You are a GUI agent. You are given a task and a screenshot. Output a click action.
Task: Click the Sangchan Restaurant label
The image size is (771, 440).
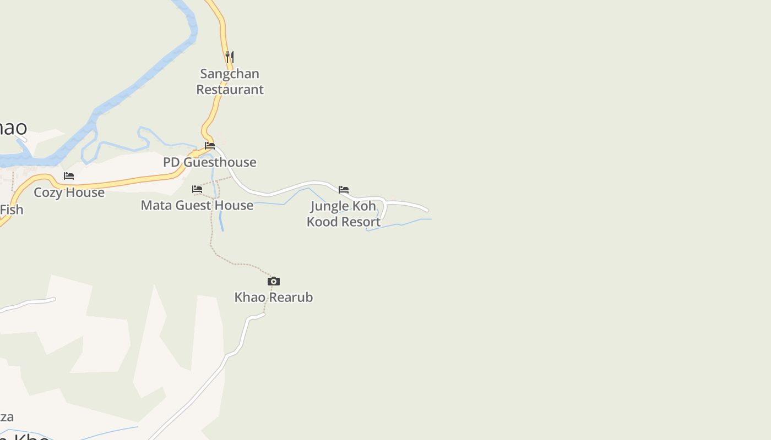point(230,81)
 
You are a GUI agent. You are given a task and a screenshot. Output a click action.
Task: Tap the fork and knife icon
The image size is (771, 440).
point(230,57)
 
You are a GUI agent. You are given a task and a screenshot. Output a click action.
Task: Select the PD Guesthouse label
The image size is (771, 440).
point(210,162)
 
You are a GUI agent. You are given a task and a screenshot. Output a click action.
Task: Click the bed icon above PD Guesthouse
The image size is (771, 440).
point(210,146)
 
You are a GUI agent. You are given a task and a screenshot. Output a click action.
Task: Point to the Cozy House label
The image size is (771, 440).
point(69,193)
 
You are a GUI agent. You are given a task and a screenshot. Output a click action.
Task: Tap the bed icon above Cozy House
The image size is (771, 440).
point(69,176)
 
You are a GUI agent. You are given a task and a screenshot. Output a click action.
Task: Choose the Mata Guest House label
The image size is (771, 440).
point(197,205)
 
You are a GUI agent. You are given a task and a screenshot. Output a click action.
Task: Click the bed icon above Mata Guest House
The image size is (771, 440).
point(197,189)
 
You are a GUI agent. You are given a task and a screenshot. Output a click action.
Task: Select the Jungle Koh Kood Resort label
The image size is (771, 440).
point(344,213)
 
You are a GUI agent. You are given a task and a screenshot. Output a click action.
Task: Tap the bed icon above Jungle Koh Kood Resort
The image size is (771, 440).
point(344,190)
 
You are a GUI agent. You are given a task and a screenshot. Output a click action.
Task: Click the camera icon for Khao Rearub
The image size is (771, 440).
point(274,282)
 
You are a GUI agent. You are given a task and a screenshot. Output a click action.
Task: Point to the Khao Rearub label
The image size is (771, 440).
point(274,297)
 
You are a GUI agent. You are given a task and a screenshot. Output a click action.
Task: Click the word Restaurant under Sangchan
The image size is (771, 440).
point(230,89)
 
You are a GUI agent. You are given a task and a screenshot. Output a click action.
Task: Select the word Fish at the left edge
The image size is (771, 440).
point(12,210)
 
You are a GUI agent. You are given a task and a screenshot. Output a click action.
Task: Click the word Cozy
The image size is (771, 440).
point(48,193)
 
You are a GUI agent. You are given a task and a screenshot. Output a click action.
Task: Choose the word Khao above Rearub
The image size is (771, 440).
point(251,297)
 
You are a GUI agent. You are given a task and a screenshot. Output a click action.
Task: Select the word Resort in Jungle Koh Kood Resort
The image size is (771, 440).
point(360,222)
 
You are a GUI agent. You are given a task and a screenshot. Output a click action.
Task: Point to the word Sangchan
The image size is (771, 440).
point(230,74)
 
